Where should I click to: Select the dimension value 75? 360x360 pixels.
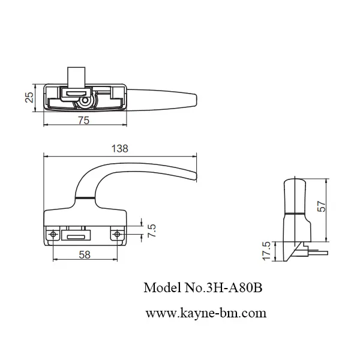coord(84,121)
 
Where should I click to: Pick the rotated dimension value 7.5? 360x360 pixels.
coord(152,230)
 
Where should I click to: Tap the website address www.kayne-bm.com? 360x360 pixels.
coord(206,313)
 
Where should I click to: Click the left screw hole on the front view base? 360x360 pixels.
coord(54,233)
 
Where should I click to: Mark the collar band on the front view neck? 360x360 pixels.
coord(85,198)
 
